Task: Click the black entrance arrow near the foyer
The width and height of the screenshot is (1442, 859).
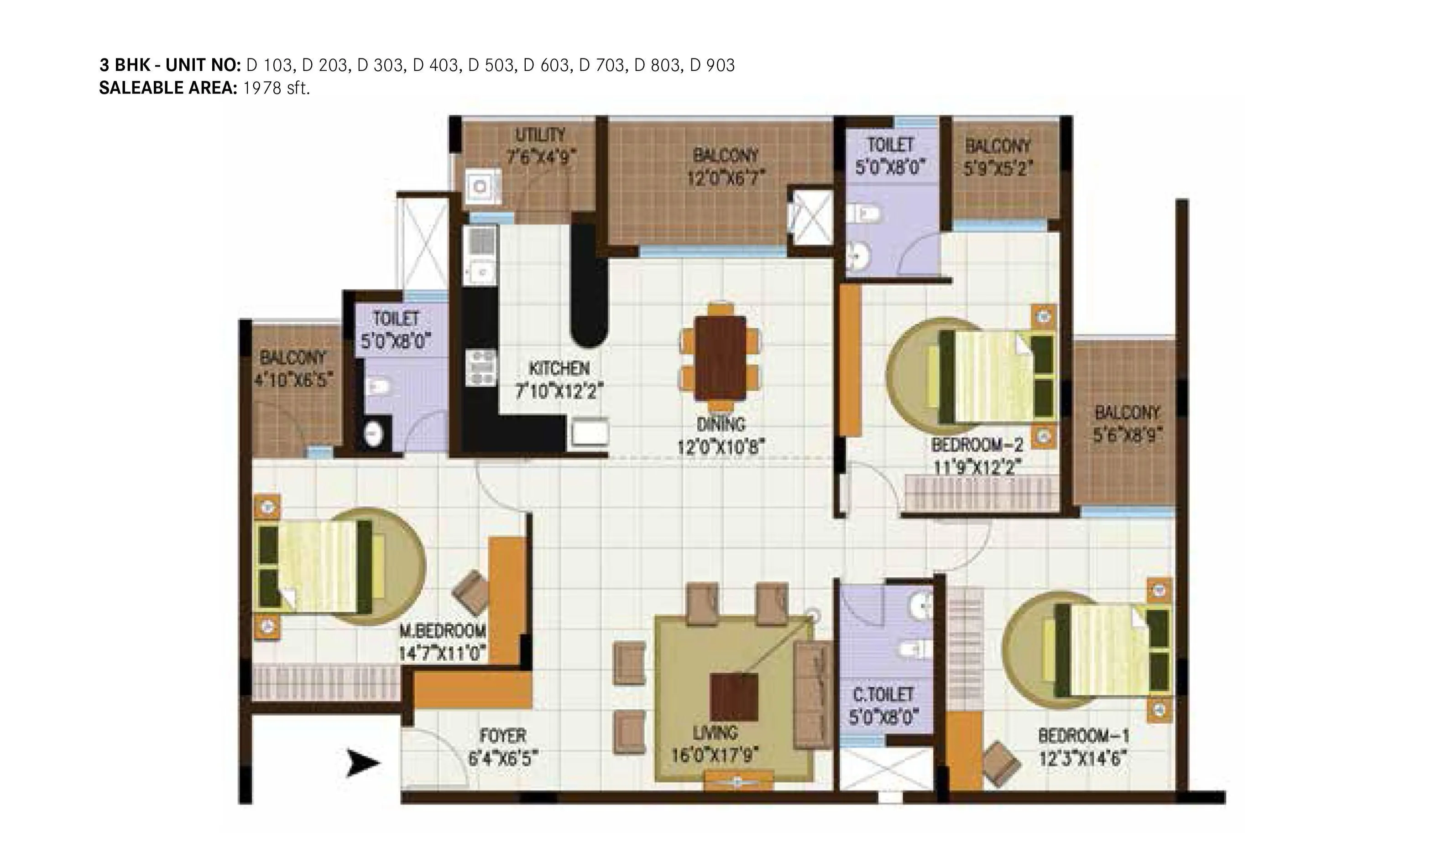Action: click(363, 763)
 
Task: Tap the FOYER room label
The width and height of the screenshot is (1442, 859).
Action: click(503, 736)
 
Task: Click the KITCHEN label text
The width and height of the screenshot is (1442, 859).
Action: click(559, 369)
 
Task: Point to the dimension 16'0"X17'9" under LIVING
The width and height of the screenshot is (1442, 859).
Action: click(715, 755)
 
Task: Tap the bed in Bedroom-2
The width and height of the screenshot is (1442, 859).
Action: click(994, 376)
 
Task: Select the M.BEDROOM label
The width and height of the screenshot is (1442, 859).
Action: click(443, 630)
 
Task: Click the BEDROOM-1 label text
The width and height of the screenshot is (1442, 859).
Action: click(1083, 736)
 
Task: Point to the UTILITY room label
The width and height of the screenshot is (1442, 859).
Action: click(540, 135)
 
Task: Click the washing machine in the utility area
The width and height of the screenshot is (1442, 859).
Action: click(481, 186)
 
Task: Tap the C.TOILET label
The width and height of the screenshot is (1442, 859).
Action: click(883, 695)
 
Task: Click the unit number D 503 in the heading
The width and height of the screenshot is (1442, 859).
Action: click(491, 65)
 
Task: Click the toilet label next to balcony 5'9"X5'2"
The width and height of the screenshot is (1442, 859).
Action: click(890, 145)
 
